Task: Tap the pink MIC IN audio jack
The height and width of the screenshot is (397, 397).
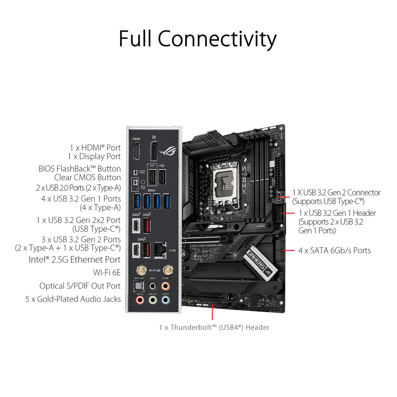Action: coord(140,299)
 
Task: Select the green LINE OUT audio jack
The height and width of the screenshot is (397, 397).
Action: coord(152,299)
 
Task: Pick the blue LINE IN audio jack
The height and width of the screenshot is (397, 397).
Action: coord(165,299)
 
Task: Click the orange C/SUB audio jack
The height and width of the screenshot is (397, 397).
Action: coord(165,286)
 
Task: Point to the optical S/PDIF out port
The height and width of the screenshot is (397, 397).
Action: coord(139,286)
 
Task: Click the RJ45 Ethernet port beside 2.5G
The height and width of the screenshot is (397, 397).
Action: coord(160,249)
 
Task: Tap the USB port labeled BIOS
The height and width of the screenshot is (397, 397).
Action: coord(152,178)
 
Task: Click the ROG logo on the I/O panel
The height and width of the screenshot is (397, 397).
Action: coord(168,151)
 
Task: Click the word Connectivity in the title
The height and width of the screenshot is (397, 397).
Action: coord(217,39)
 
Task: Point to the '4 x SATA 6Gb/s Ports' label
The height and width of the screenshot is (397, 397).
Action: coord(334,251)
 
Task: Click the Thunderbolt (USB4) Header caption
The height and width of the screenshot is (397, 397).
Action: coord(214,327)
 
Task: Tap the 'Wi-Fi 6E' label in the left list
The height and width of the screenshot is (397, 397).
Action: coord(107,272)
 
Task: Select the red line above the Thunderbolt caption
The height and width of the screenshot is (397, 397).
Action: coord(212,312)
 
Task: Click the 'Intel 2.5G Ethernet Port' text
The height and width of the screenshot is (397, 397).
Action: coord(75,260)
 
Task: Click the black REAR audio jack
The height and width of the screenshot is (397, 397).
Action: coord(152,286)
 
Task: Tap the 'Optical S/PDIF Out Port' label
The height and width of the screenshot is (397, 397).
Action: coord(80,286)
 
